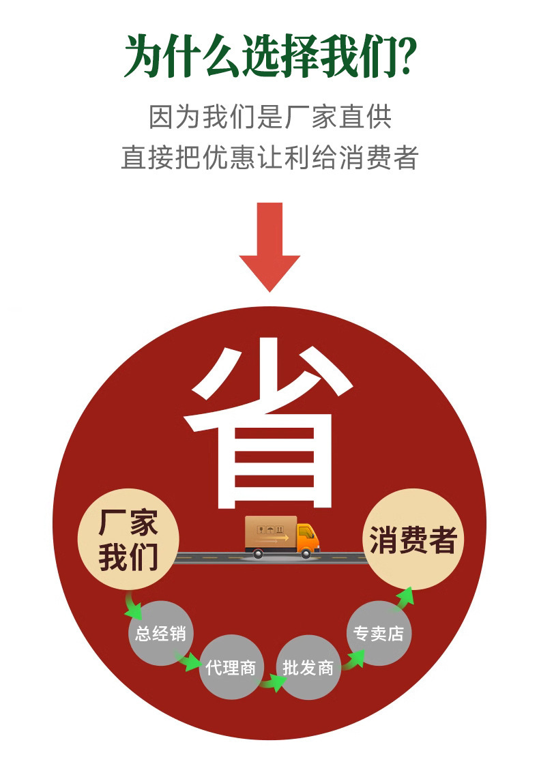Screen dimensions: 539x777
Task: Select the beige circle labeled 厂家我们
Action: click(x=128, y=539)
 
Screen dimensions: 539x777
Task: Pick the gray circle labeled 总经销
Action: click(x=160, y=633)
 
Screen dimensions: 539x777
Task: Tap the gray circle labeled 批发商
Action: click(x=308, y=667)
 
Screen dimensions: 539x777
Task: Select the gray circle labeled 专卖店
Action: click(x=379, y=633)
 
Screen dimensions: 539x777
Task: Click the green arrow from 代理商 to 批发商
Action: click(x=272, y=682)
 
